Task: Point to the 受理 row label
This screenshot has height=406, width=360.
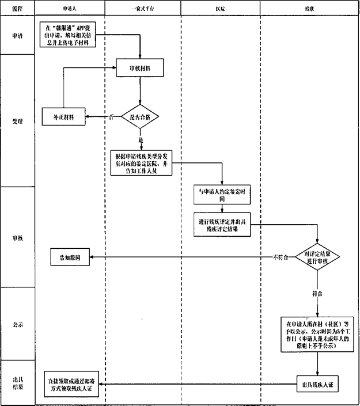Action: click(18, 122)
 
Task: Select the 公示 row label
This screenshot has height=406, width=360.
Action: click(18, 324)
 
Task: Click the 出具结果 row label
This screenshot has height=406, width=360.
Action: click(18, 383)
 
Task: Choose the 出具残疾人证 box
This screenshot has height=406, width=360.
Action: click(317, 384)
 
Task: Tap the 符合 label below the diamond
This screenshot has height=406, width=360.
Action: click(317, 293)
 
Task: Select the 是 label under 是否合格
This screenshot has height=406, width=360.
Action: click(141, 141)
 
